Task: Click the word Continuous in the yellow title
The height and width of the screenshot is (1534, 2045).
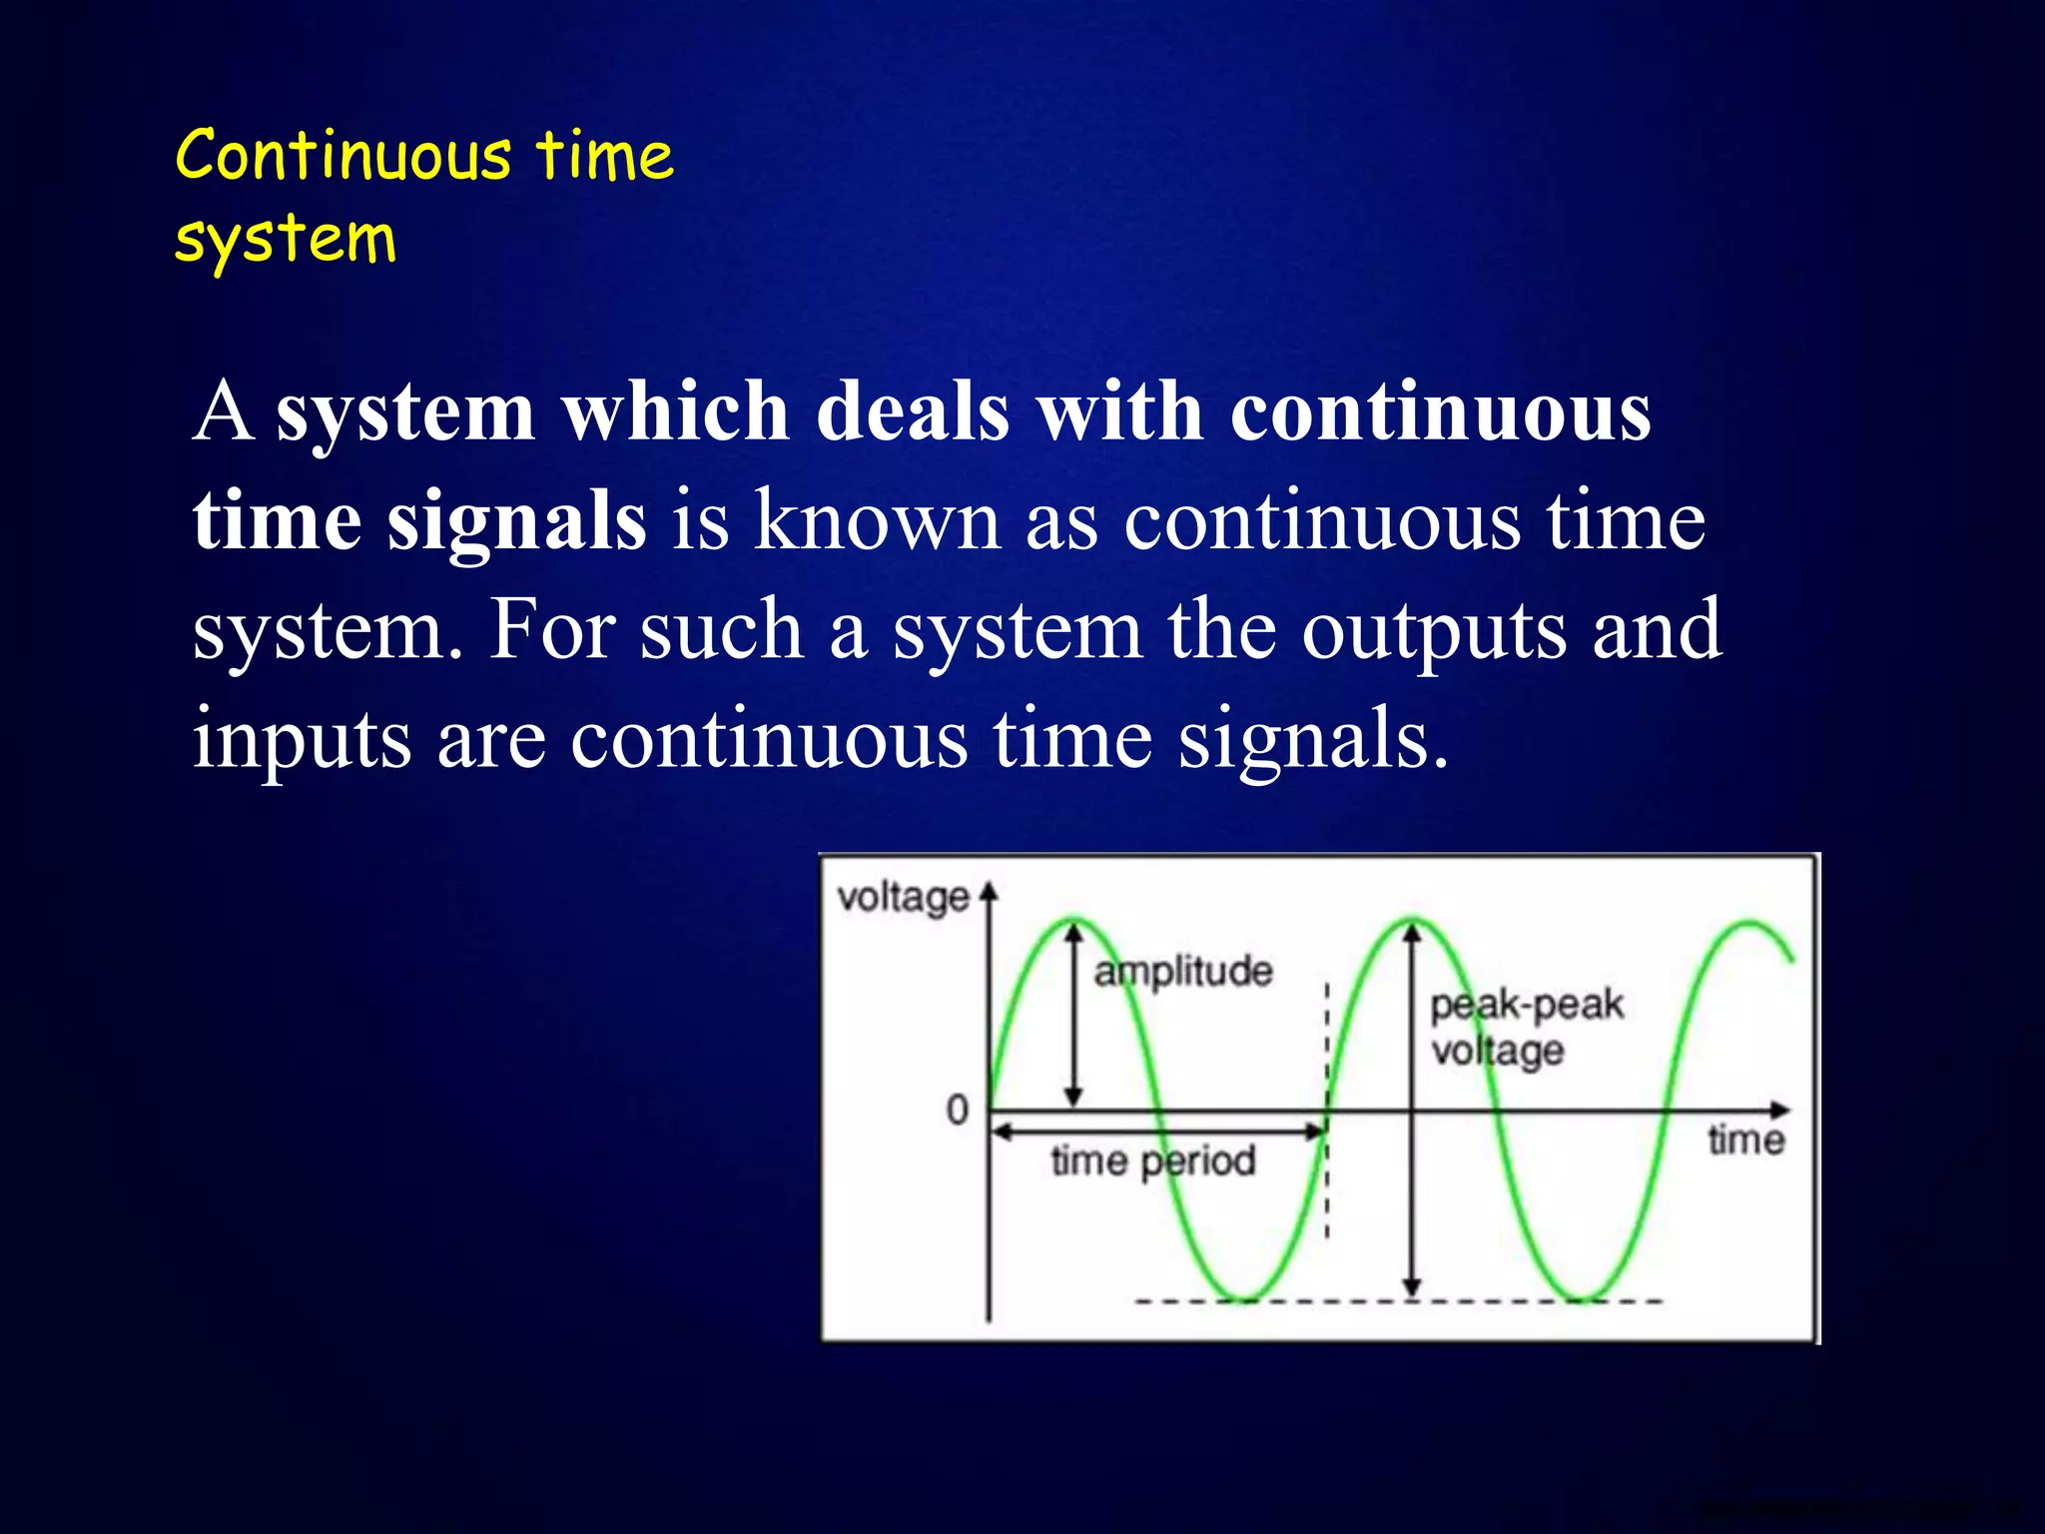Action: click(342, 157)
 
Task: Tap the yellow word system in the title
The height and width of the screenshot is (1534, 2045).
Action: click(286, 241)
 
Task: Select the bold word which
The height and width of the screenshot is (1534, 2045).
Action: click(676, 411)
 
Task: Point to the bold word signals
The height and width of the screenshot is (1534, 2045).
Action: click(516, 521)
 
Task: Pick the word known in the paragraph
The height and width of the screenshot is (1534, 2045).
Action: click(876, 521)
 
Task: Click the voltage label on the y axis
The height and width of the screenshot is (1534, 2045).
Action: click(903, 897)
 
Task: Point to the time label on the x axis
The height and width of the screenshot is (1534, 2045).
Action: click(1745, 1140)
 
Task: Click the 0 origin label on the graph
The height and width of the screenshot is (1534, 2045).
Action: click(958, 1110)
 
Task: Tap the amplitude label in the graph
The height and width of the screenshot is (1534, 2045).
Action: click(1183, 971)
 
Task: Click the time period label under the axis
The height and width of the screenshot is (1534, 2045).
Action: click(1153, 1161)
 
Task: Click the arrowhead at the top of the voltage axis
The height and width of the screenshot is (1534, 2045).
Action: click(989, 891)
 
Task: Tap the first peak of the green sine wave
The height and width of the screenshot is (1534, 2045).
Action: click(1073, 920)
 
